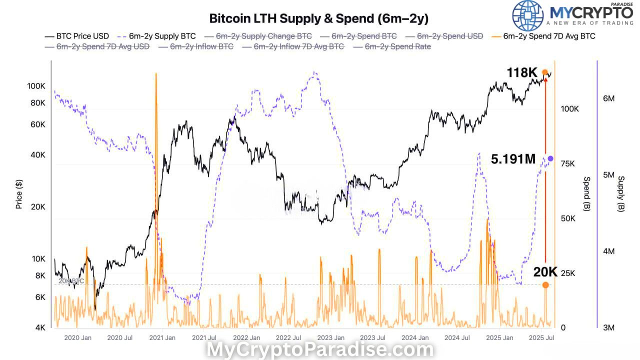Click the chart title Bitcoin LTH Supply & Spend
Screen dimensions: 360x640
[318, 18]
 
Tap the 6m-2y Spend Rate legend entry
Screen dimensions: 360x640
[397, 46]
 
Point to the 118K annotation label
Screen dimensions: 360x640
[521, 73]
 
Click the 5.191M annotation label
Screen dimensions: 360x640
[513, 159]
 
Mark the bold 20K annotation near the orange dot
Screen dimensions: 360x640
[545, 272]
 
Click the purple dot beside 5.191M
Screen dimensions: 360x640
[550, 158]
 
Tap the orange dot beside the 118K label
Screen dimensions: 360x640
[545, 72]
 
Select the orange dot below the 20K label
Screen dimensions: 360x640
[545, 285]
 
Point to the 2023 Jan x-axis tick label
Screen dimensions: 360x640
[330, 338]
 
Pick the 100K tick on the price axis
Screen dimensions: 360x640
[36, 86]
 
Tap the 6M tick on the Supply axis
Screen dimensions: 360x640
[608, 98]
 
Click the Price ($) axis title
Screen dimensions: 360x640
[19, 194]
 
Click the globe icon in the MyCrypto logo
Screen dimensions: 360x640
[528, 15]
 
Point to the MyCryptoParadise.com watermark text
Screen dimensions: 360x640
[320, 350]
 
